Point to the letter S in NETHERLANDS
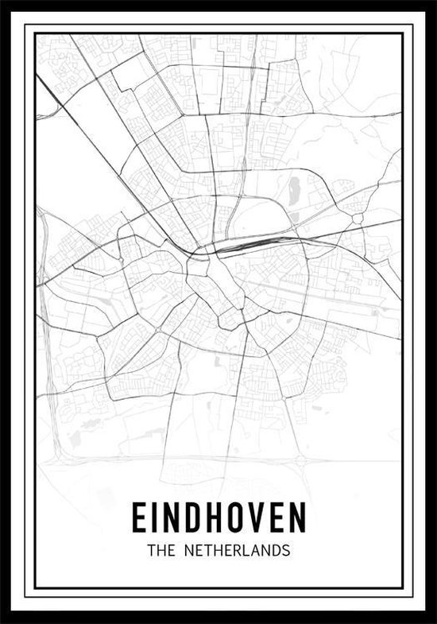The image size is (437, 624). click(285, 550)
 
